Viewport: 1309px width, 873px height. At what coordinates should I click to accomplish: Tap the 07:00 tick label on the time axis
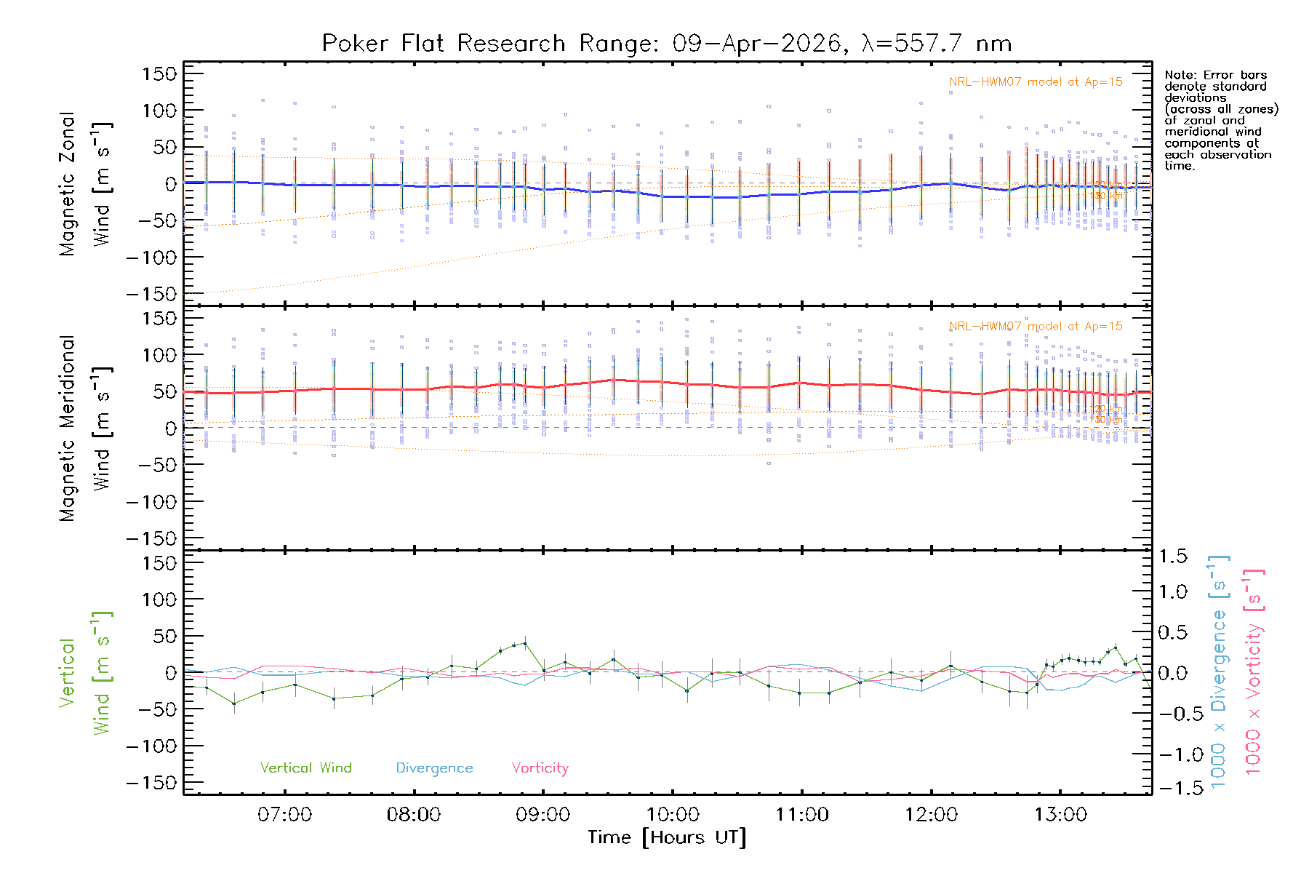coord(284,815)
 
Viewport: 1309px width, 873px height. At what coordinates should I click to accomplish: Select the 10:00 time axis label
coord(673,815)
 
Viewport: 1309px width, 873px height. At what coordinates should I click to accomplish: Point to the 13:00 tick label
coord(1060,815)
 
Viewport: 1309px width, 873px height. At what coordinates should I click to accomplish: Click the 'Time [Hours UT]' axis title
coord(667,837)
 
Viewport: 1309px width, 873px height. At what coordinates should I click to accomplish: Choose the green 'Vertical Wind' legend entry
coord(305,768)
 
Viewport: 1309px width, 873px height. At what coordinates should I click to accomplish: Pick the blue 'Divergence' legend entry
coord(434,768)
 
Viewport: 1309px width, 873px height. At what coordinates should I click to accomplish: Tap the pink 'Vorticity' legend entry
coord(540,768)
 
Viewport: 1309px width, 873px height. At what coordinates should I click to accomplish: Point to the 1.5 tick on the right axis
coord(1172,557)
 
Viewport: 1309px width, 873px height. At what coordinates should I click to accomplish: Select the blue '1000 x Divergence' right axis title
coord(1219,671)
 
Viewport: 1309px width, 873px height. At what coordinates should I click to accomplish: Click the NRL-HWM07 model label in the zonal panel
coord(1036,82)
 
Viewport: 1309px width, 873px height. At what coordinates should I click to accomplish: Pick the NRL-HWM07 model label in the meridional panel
coord(1036,327)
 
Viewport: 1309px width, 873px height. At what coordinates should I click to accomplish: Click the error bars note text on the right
coord(1220,120)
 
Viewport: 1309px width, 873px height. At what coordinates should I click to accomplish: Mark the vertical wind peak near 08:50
coord(525,643)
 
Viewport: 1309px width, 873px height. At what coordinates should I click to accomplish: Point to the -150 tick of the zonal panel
coord(151,294)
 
